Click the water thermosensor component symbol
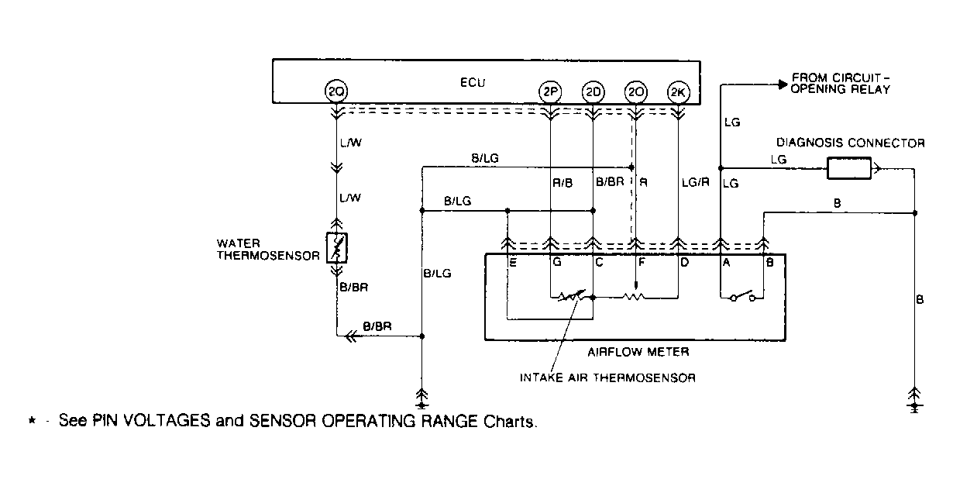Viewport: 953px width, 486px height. (x=337, y=246)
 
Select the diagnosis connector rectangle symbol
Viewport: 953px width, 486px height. (x=848, y=167)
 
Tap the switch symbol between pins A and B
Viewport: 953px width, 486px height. (x=741, y=296)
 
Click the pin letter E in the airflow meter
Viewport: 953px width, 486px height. (x=513, y=264)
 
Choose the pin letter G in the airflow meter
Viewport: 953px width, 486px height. (x=556, y=264)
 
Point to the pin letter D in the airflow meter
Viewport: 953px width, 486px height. (x=685, y=264)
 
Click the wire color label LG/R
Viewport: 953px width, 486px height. (x=695, y=183)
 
